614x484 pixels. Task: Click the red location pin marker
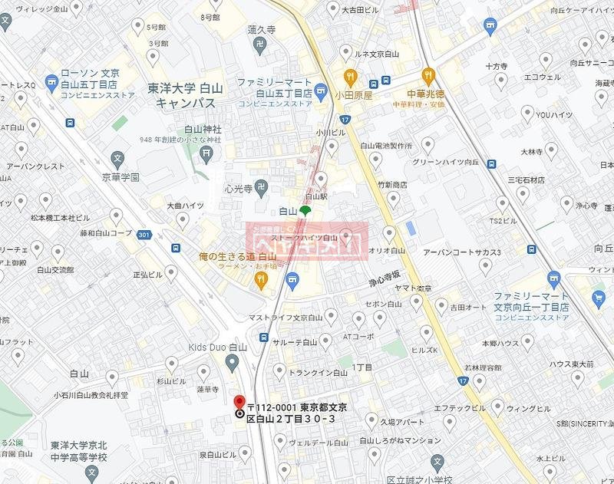pyautogui.click(x=239, y=402)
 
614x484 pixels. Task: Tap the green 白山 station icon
pyautogui.click(x=305, y=209)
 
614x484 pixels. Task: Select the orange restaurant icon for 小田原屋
pyautogui.click(x=350, y=76)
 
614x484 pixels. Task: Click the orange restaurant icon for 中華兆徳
pyautogui.click(x=428, y=75)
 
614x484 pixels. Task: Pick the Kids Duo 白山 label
pyautogui.click(x=218, y=347)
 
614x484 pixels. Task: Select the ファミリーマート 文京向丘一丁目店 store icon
pyautogui.click(x=553, y=279)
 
